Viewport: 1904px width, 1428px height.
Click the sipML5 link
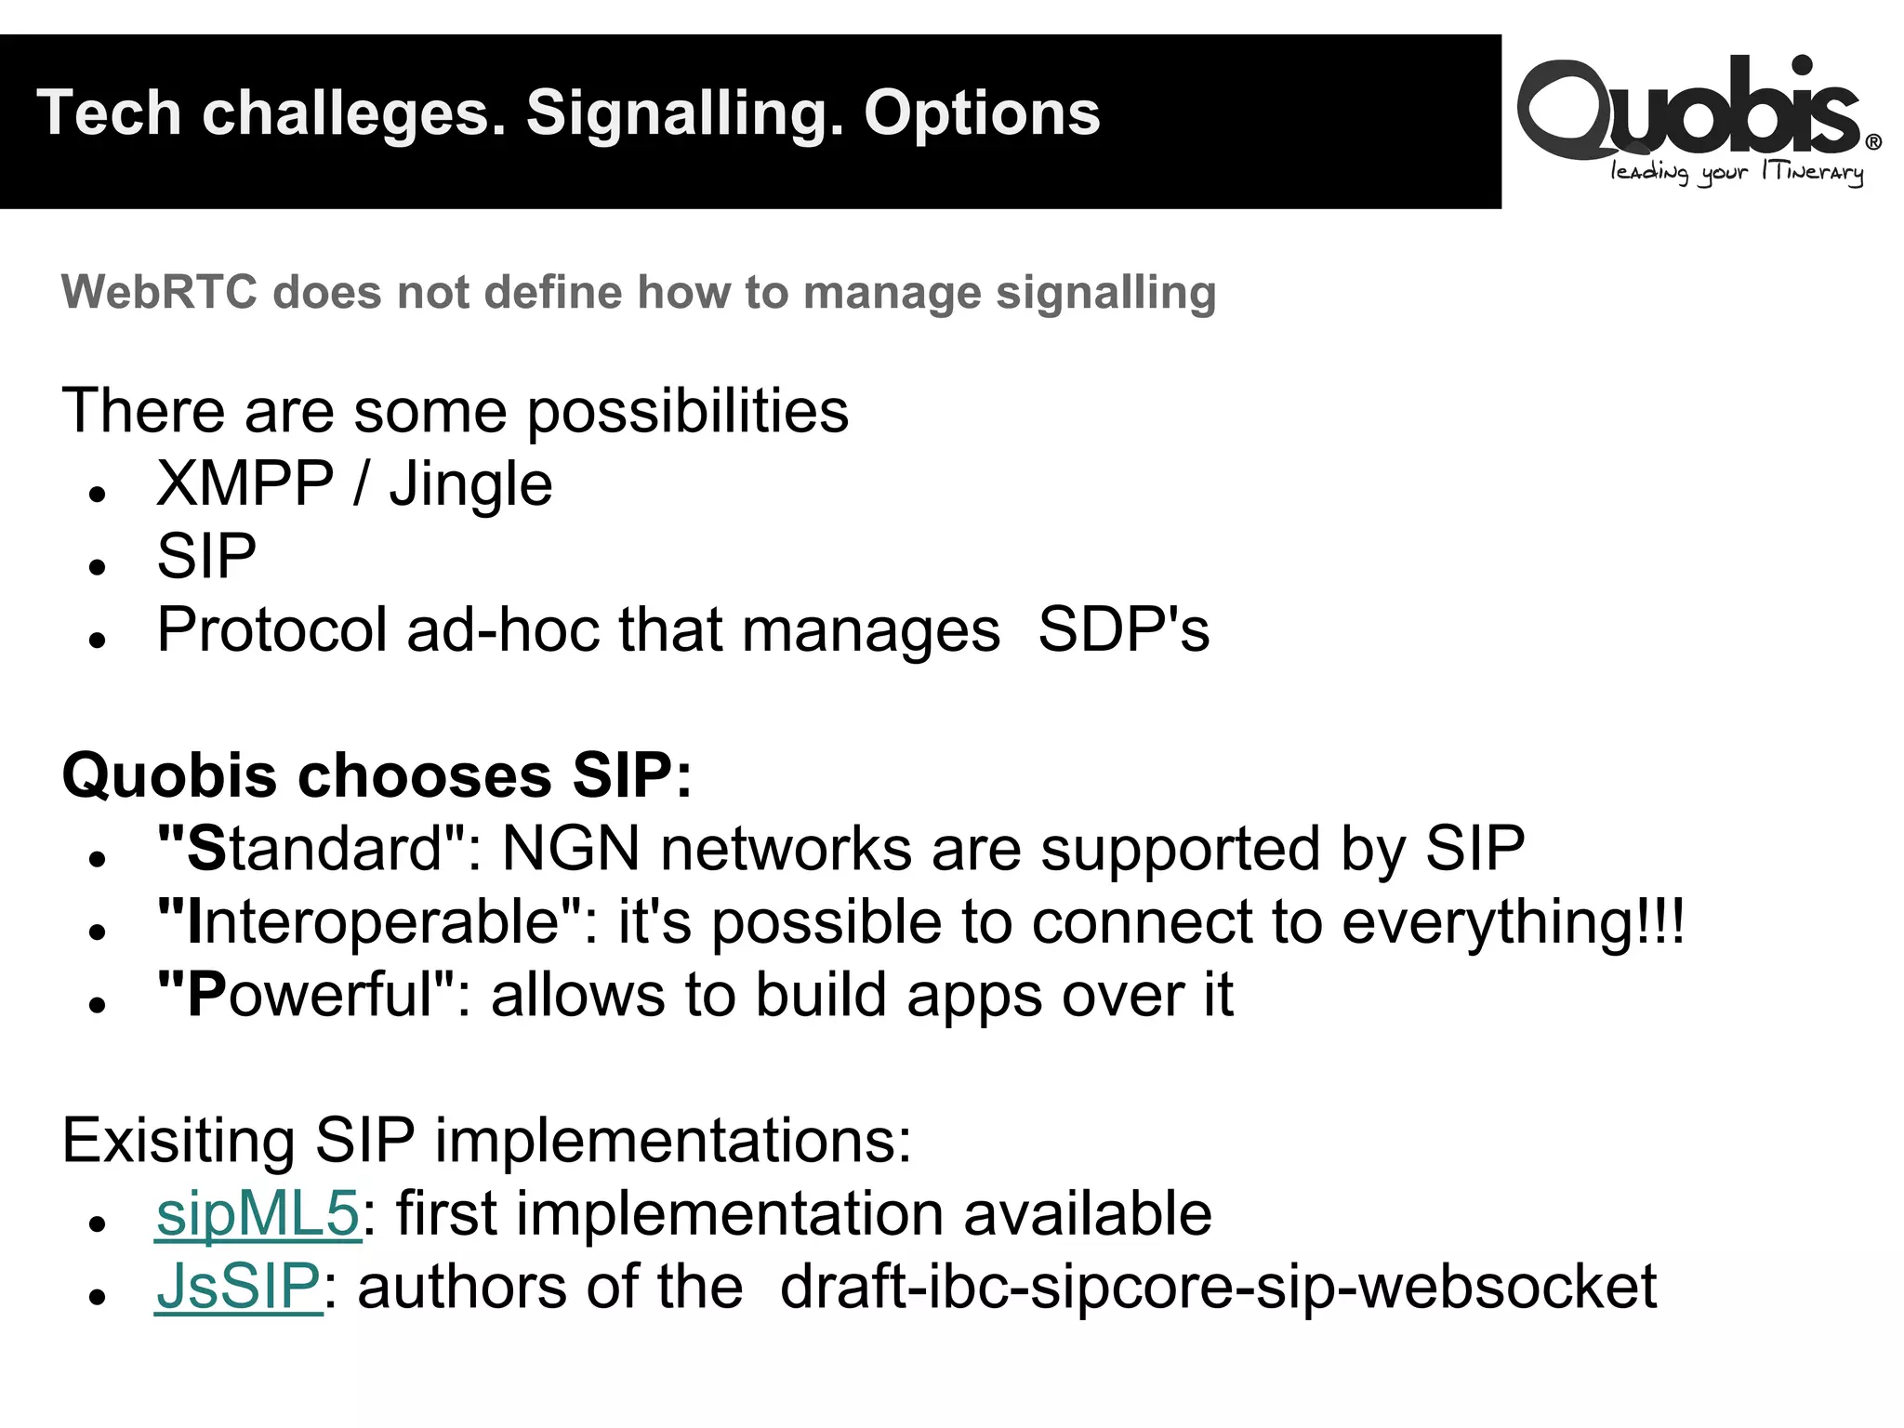pos(258,1214)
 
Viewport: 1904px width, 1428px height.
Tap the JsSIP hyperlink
pos(238,1288)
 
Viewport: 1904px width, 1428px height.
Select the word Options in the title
pos(982,114)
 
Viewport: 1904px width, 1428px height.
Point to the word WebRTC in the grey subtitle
pos(158,292)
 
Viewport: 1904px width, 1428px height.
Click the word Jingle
pos(470,485)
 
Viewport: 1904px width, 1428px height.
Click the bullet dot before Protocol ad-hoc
pos(98,640)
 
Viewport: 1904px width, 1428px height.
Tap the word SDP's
pos(1123,630)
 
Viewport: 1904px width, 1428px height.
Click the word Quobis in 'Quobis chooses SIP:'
pos(169,775)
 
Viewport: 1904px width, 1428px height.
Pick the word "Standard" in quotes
pos(311,849)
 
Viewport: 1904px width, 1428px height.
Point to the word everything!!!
pos(1513,922)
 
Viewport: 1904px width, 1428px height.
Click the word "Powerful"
pos(306,996)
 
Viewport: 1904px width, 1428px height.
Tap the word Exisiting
pos(178,1141)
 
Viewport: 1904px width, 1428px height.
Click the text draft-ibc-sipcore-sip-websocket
pos(1218,1288)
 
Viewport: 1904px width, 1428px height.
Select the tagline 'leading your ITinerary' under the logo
pos(1737,173)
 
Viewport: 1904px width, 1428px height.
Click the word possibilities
pos(688,412)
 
